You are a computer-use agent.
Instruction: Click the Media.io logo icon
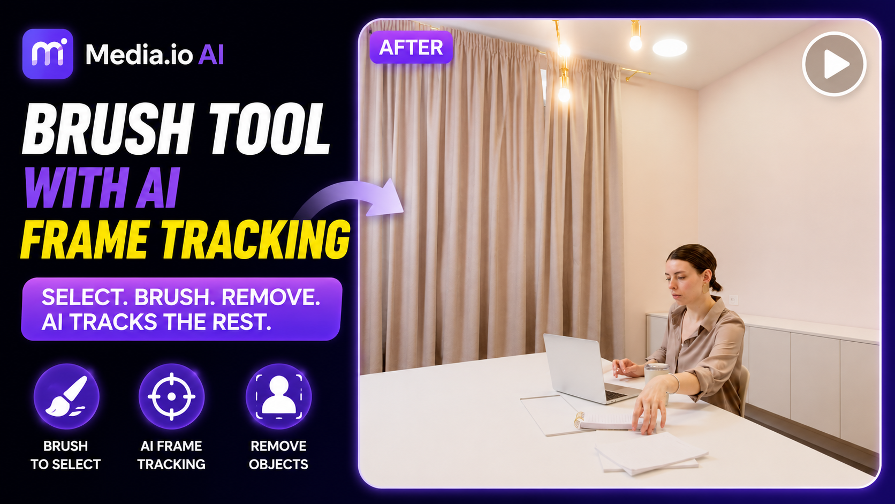(x=48, y=54)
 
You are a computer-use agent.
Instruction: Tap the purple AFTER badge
(x=411, y=48)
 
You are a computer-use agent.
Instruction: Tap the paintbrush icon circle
(x=66, y=396)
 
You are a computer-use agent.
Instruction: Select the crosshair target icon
(x=171, y=396)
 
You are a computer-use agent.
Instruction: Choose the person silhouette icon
(x=278, y=396)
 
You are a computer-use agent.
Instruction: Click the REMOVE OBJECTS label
(x=278, y=455)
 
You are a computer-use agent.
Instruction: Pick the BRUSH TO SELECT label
(x=65, y=455)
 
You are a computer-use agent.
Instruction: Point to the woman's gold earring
(x=704, y=288)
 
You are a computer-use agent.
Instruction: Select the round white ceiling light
(x=670, y=48)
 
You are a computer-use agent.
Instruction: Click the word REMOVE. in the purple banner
(x=270, y=297)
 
